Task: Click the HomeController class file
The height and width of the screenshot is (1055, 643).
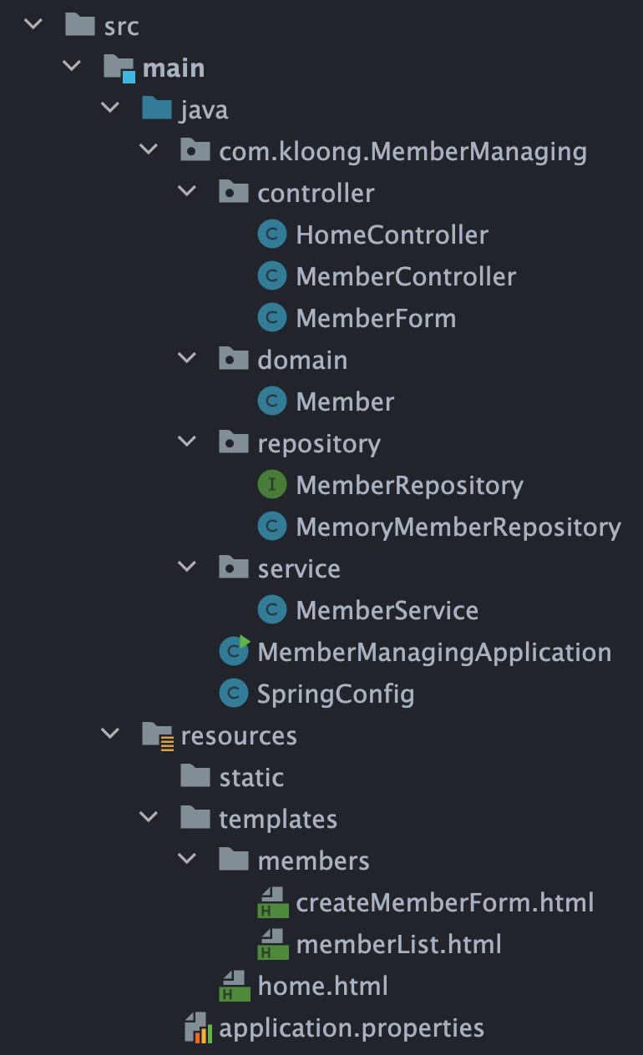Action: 392,235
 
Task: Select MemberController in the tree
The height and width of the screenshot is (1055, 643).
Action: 406,277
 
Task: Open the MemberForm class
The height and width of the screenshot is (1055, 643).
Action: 376,319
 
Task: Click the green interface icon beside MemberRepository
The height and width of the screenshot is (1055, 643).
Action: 272,485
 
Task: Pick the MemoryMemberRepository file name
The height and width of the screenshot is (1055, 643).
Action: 458,527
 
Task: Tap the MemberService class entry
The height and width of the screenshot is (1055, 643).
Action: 387,611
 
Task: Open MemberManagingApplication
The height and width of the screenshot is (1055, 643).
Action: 434,653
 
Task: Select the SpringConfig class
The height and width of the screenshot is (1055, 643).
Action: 336,694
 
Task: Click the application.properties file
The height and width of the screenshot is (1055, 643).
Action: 351,1028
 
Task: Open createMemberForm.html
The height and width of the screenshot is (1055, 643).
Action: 444,903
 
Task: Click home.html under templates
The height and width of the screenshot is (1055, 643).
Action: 322,987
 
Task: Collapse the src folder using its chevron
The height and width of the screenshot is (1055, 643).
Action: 33,26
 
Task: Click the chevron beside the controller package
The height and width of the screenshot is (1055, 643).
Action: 188,193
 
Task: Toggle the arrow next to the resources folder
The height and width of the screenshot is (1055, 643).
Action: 110,735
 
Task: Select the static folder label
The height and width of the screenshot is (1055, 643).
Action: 251,778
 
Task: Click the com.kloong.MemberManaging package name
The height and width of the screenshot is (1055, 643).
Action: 403,152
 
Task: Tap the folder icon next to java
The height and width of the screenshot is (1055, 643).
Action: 156,109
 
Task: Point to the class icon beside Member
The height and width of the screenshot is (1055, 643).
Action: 272,401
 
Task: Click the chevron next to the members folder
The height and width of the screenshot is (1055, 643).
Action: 188,861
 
